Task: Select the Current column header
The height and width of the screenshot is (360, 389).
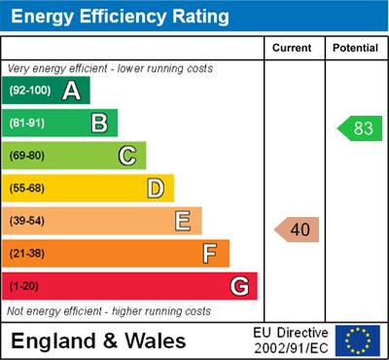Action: (292, 48)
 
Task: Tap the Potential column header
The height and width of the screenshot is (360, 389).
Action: (355, 48)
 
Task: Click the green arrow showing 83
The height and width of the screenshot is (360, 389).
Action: (356, 128)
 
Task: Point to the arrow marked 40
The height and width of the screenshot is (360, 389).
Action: (297, 230)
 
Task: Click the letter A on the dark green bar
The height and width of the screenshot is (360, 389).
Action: (71, 91)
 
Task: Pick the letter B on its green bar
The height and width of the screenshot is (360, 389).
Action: (99, 123)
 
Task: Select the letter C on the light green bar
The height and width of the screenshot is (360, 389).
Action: (127, 156)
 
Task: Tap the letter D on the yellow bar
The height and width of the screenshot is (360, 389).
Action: (156, 188)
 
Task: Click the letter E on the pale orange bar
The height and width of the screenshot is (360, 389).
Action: (183, 221)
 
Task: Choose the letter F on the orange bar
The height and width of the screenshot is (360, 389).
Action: (210, 254)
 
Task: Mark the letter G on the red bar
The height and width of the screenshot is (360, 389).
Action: (238, 286)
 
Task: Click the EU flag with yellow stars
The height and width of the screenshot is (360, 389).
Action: (357, 340)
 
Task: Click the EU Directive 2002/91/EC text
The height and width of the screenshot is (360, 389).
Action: (291, 341)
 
